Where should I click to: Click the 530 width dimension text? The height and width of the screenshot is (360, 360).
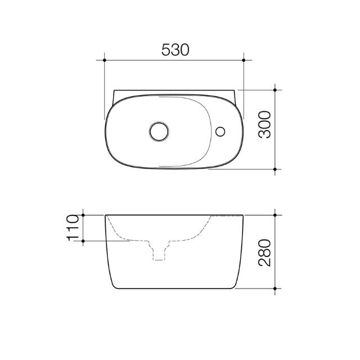(175, 49)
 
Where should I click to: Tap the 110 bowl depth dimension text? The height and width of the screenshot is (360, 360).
(72, 228)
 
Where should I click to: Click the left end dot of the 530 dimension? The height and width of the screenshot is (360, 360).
(105, 58)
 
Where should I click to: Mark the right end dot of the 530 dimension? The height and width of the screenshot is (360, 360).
(244, 58)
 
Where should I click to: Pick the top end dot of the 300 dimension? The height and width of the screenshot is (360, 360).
(274, 89)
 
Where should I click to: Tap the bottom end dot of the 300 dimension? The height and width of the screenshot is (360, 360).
(274, 169)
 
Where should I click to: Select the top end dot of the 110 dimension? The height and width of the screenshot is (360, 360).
(83, 215)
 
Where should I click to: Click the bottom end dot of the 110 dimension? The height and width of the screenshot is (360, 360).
(83, 241)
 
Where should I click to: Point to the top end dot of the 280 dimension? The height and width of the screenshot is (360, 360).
(274, 215)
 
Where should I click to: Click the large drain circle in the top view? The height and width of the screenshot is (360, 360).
(159, 132)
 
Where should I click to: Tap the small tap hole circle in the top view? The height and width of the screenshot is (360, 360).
(221, 132)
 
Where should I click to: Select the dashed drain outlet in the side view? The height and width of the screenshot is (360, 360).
(159, 252)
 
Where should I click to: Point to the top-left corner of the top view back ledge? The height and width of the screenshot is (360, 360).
(114, 90)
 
